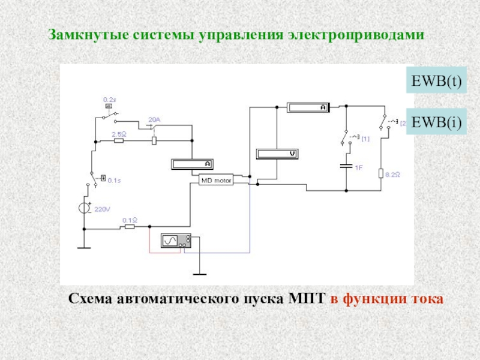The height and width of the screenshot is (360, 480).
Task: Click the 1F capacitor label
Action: pyautogui.click(x=358, y=168)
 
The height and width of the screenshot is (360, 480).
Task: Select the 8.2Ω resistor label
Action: pyautogui.click(x=393, y=174)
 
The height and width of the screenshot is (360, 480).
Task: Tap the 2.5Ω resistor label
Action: pyautogui.click(x=118, y=134)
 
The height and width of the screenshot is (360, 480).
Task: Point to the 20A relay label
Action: pyautogui.click(x=154, y=120)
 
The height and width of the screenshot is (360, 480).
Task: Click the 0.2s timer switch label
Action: pyautogui.click(x=110, y=99)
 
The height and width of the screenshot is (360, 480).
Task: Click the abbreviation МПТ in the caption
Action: pyautogui.click(x=308, y=298)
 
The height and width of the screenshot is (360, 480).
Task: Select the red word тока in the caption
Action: pyautogui.click(x=428, y=298)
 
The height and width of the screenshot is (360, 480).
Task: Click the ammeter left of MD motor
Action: pyautogui.click(x=192, y=163)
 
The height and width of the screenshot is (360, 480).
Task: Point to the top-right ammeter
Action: pyautogui.click(x=307, y=107)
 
